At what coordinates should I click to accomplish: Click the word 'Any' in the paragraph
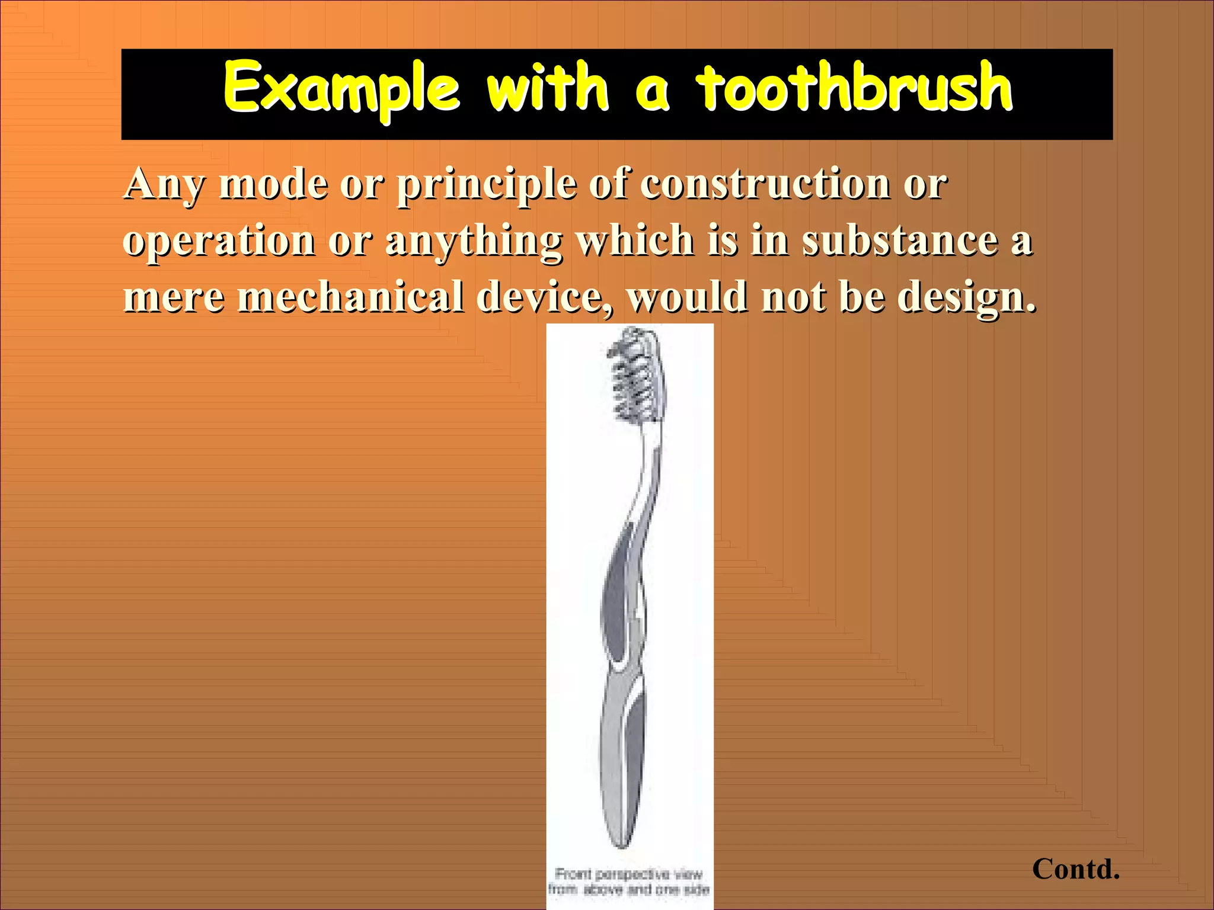164,184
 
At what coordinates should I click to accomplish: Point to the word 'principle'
486,184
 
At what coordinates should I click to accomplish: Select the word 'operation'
219,241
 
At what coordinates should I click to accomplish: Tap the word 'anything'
474,242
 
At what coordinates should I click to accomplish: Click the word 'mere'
174,297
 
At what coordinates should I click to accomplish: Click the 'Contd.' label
1075,869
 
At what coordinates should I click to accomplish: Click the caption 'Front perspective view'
629,874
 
